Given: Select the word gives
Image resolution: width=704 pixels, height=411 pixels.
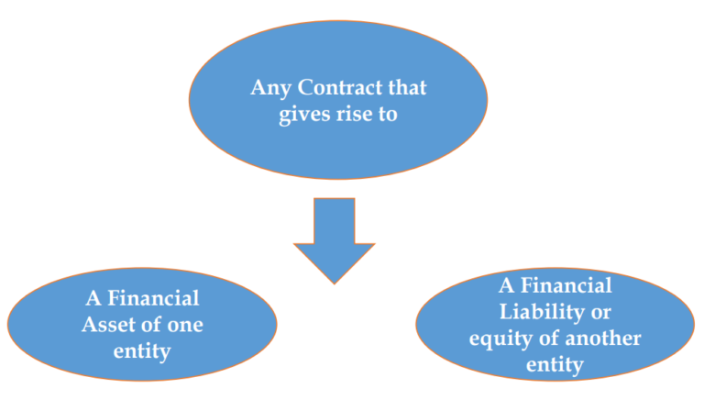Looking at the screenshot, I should click(304, 117).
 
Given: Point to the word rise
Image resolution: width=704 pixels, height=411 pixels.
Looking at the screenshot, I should click(353, 117).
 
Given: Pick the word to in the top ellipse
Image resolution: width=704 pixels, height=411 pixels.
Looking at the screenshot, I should click(389, 117).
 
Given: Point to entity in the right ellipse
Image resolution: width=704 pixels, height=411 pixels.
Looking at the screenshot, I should click(555, 364).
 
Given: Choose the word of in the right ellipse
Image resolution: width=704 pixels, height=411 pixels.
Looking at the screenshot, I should click(544, 339).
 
